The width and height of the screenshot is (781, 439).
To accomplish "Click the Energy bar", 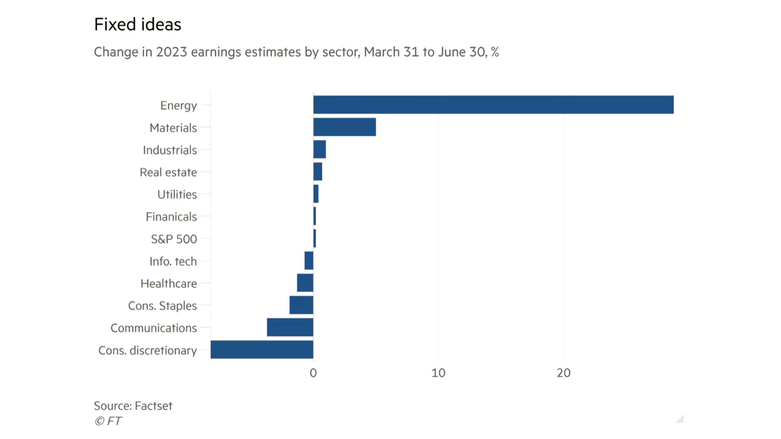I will pos(493,105).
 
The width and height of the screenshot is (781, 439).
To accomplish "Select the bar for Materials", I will pos(345,127).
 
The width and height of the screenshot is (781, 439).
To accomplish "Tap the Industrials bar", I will pos(320,150).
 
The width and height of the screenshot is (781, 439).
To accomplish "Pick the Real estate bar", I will pos(318,172).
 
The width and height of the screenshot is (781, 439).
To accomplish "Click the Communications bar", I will pos(290,328).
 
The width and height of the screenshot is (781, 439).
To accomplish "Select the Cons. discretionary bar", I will pos(262,350).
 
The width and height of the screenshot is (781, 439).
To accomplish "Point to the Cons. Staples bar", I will pos(301,305).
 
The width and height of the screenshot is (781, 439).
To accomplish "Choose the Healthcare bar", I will pos(305,283).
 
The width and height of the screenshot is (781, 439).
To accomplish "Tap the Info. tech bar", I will pos(309,261).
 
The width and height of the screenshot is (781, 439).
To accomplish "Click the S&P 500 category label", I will pos(174,239).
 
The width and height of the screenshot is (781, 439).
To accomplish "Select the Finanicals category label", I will pos(171,217).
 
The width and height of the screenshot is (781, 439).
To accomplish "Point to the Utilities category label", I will pos(177,194).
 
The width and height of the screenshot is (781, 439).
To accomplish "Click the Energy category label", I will pos(178,105).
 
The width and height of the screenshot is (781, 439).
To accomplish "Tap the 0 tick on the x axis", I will pos(313,373).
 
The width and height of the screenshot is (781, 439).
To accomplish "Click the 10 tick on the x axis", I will pos(438,373).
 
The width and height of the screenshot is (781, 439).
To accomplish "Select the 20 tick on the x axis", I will pos(564,373).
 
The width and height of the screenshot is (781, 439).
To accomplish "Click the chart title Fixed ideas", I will pos(137,24).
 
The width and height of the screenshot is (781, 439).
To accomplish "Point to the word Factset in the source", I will pos(153,406).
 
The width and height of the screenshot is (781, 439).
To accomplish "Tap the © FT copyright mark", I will pos(108,421).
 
